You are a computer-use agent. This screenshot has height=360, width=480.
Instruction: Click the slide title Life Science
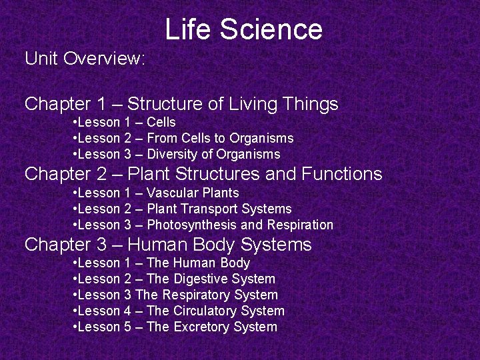(243, 29)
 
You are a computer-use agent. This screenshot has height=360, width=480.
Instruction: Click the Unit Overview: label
(85, 59)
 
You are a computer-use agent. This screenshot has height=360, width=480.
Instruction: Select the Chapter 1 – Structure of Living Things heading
(181, 104)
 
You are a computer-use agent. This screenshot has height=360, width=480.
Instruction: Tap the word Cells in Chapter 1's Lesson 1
(161, 122)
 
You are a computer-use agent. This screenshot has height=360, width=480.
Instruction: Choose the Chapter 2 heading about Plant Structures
(203, 174)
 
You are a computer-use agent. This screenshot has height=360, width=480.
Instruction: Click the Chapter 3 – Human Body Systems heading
(168, 245)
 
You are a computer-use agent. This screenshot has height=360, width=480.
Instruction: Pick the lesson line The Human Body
(164, 263)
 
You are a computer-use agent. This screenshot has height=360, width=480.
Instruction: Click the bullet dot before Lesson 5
(75, 327)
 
